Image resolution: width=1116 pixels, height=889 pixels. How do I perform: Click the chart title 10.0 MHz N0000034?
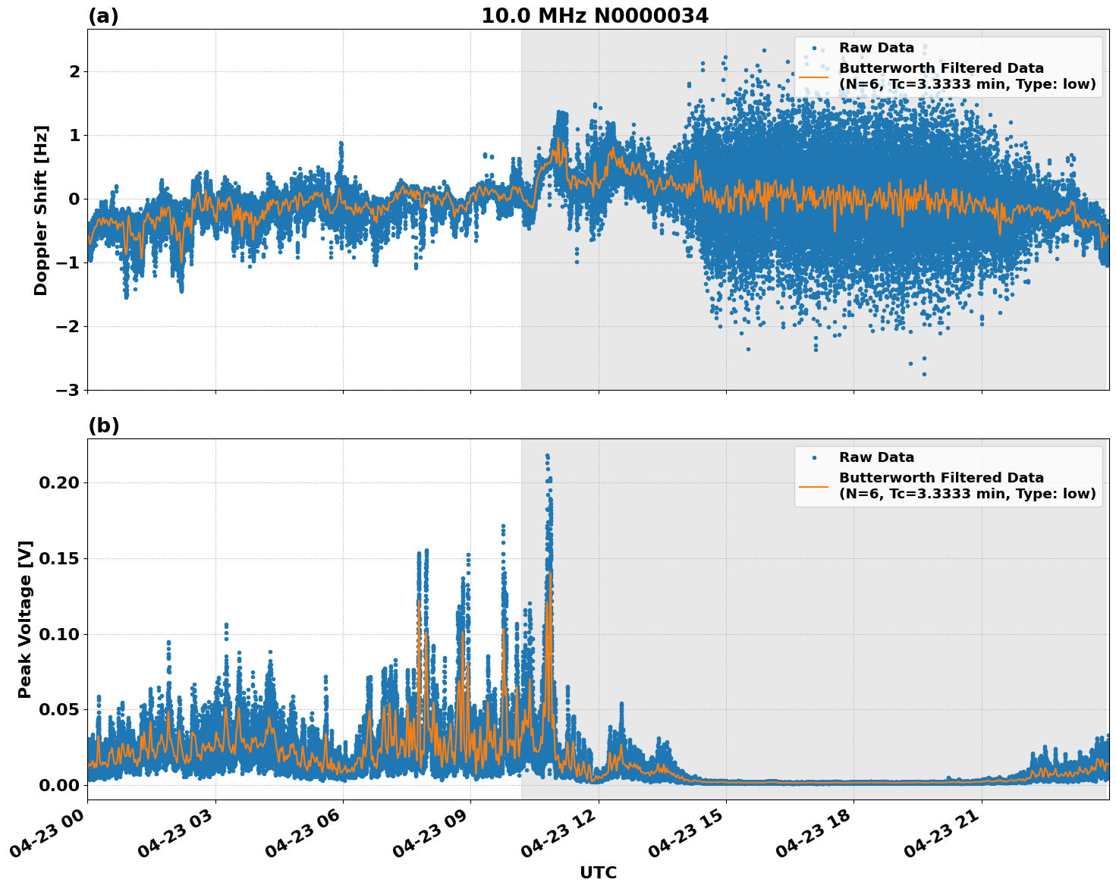(x=594, y=16)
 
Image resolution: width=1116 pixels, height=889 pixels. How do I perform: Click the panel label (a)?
(x=103, y=16)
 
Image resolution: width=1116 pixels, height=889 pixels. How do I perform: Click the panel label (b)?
(x=103, y=426)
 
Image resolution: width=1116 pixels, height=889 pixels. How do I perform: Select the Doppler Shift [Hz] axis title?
(x=41, y=210)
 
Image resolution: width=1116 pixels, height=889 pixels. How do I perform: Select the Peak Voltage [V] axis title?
(x=25, y=619)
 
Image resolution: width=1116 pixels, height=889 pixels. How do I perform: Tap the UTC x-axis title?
(x=598, y=872)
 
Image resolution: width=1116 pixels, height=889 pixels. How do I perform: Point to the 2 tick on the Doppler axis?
(x=74, y=71)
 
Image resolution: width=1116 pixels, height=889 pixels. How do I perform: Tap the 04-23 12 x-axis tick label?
(x=558, y=839)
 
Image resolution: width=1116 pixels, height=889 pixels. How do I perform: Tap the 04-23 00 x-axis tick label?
(x=47, y=839)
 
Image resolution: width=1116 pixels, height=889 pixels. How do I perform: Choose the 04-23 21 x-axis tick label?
(x=941, y=839)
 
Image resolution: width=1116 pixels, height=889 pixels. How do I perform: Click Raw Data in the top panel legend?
(x=876, y=49)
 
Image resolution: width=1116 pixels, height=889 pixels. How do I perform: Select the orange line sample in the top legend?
(x=814, y=77)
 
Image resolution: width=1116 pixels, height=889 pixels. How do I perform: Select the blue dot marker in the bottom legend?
(x=814, y=458)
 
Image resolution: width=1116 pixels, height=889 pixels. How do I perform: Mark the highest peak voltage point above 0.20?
(x=547, y=456)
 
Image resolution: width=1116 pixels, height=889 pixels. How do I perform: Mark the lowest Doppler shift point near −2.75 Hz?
(x=923, y=374)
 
